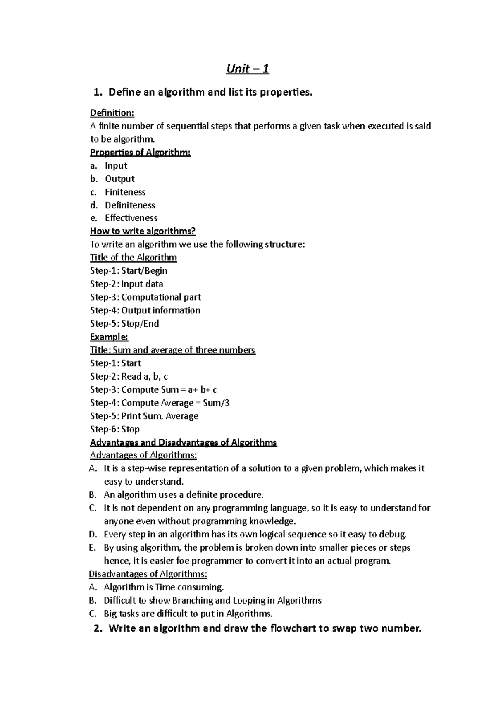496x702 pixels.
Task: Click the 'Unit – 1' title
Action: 248,69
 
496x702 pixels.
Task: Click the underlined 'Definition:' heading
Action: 112,113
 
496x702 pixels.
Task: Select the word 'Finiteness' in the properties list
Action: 125,192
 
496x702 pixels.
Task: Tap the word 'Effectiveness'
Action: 131,218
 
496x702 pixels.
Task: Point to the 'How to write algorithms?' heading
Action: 143,231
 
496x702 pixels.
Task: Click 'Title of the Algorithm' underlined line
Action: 133,258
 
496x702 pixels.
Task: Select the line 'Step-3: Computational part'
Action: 145,297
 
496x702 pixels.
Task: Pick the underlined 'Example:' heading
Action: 109,337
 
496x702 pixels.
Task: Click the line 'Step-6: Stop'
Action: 115,429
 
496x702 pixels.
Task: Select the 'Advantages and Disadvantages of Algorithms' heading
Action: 183,443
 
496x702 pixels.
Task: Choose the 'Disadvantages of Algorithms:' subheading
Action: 148,574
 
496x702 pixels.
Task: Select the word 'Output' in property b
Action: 120,179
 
